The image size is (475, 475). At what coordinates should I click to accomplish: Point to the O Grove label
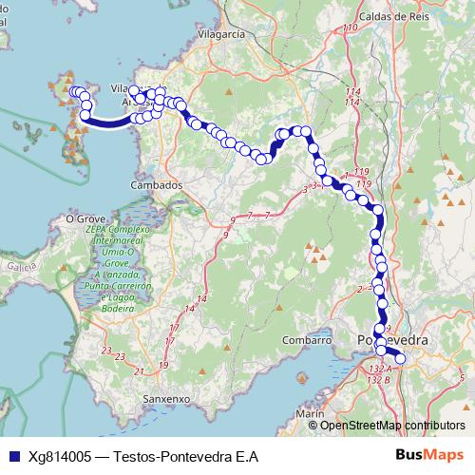click(84, 218)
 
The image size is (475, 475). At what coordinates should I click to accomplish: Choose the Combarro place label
click(305, 339)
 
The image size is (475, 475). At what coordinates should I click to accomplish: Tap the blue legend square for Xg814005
click(12, 456)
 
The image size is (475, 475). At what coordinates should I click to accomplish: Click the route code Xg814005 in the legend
click(60, 456)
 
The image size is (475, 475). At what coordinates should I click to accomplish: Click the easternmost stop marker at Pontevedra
click(399, 358)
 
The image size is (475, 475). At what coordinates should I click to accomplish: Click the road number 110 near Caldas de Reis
click(350, 28)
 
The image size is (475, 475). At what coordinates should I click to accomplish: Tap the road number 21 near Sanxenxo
click(140, 370)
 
